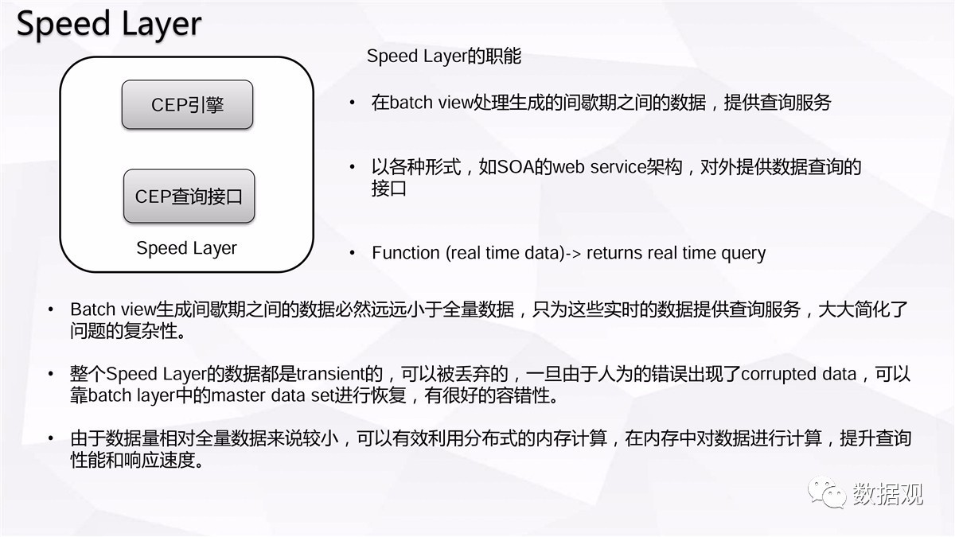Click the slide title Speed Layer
tap(109, 25)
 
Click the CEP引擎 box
tap(187, 105)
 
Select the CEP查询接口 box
tap(189, 196)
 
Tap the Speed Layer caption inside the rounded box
tap(186, 248)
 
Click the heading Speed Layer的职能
tap(444, 56)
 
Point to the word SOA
tap(516, 166)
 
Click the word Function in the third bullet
tap(405, 253)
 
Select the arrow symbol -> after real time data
tap(573, 253)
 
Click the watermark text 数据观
tap(887, 494)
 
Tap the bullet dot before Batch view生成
tap(51, 309)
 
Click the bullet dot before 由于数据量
tap(51, 438)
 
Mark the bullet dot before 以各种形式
tap(352, 166)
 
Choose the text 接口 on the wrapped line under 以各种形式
tap(389, 189)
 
